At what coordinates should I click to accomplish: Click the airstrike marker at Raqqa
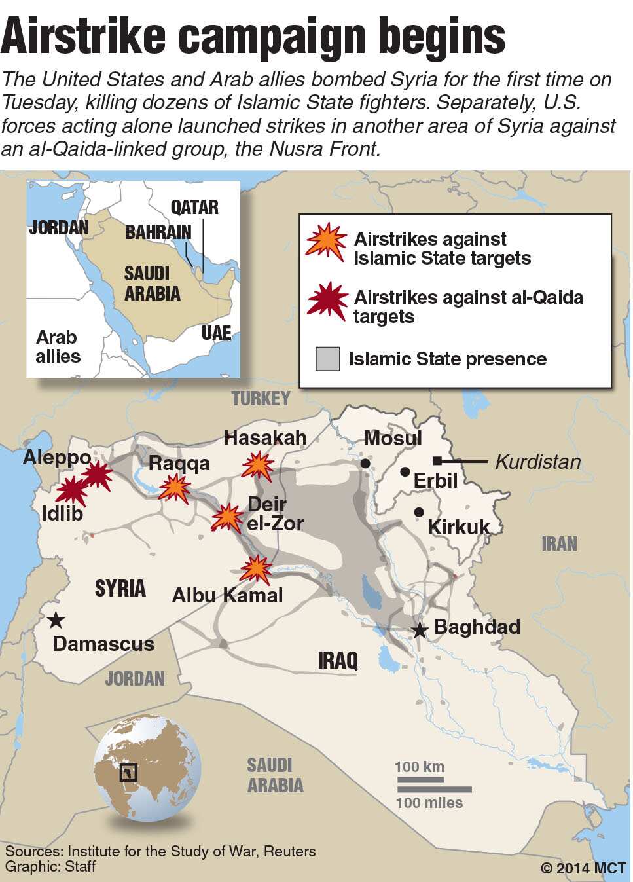coord(175,488)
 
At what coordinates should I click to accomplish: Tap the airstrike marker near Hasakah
coord(258,466)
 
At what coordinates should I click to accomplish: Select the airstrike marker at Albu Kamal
coord(255,569)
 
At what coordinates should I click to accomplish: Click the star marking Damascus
coord(56,619)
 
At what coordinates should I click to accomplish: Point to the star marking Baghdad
coord(419,631)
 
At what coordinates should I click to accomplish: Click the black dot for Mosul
coord(365,464)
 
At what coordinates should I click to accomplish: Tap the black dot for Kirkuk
coord(419,512)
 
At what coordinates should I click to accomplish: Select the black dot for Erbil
coord(405,471)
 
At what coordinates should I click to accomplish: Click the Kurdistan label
coord(537,462)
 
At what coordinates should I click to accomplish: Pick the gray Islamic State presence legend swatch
coord(327,359)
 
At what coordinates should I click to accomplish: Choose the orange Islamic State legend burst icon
coord(326,242)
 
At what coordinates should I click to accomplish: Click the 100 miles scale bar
coord(433,790)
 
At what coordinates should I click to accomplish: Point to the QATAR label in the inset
coord(194,208)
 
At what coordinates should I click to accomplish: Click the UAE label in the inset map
coord(216,333)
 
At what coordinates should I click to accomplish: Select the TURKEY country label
coord(261,398)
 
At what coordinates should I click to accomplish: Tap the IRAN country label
coord(559,543)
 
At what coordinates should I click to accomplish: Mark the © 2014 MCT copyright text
coord(583,868)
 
